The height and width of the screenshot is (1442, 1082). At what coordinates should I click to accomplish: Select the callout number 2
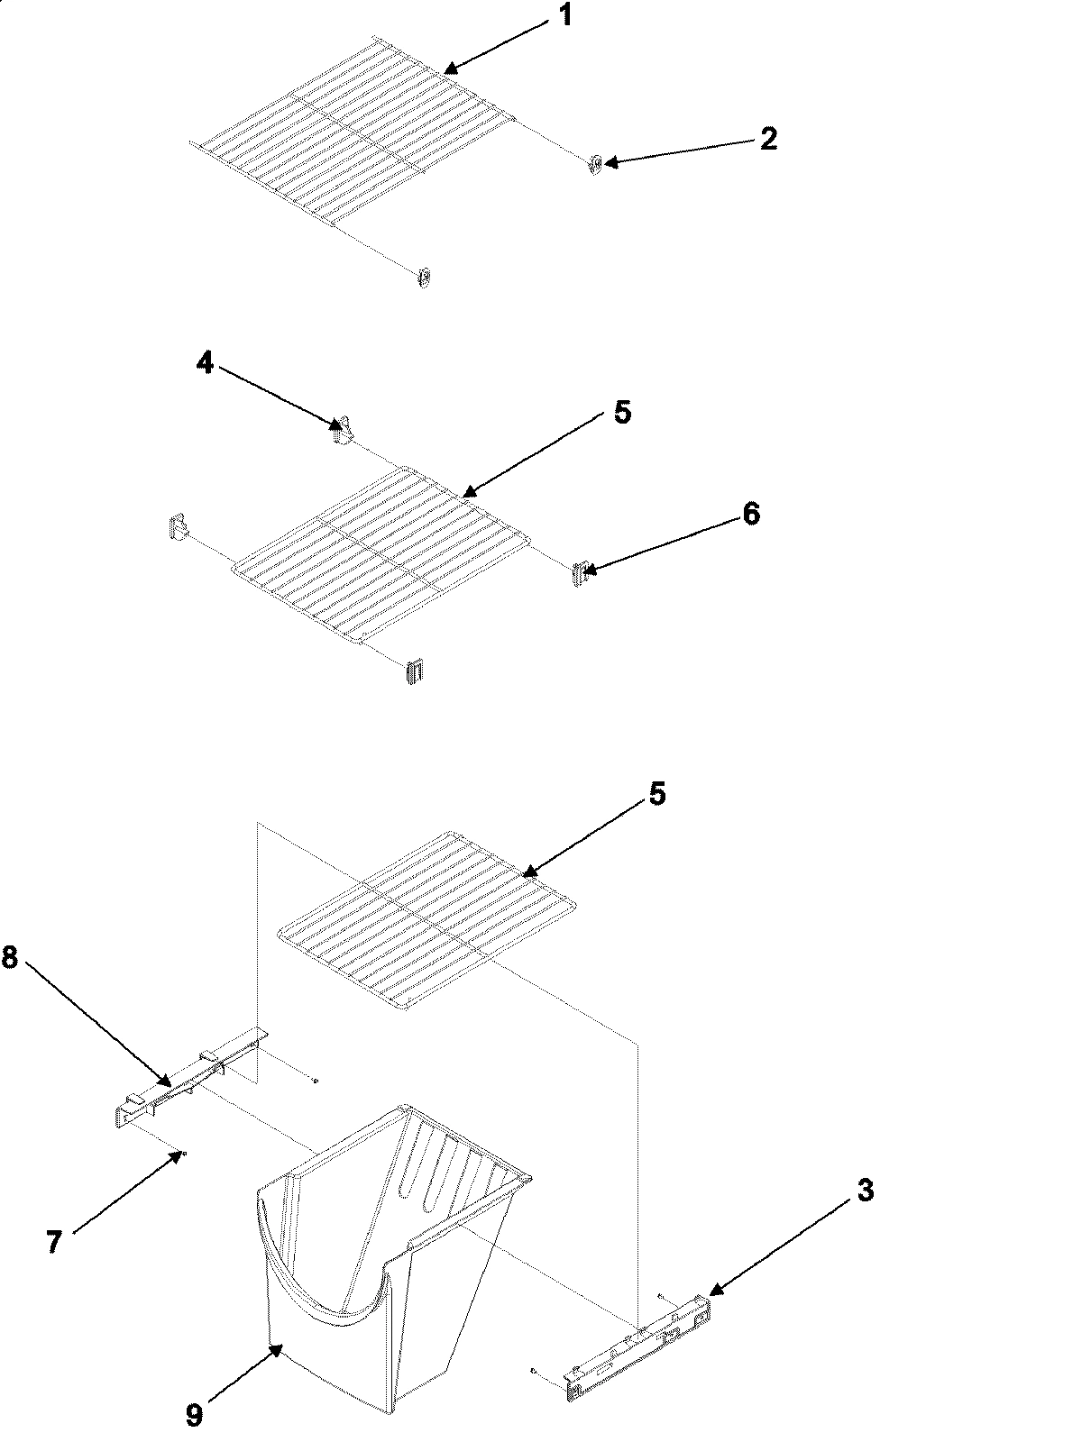(767, 139)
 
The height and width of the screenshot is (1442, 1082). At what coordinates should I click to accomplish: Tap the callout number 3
(863, 1191)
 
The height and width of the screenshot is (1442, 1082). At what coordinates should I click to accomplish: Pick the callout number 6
(750, 514)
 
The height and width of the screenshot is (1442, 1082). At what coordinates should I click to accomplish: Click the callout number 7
(53, 1242)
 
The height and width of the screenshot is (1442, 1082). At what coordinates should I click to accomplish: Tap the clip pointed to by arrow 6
(579, 572)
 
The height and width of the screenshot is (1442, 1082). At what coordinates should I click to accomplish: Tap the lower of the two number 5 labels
(656, 794)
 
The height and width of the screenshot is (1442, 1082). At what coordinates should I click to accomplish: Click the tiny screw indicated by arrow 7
(184, 1153)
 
